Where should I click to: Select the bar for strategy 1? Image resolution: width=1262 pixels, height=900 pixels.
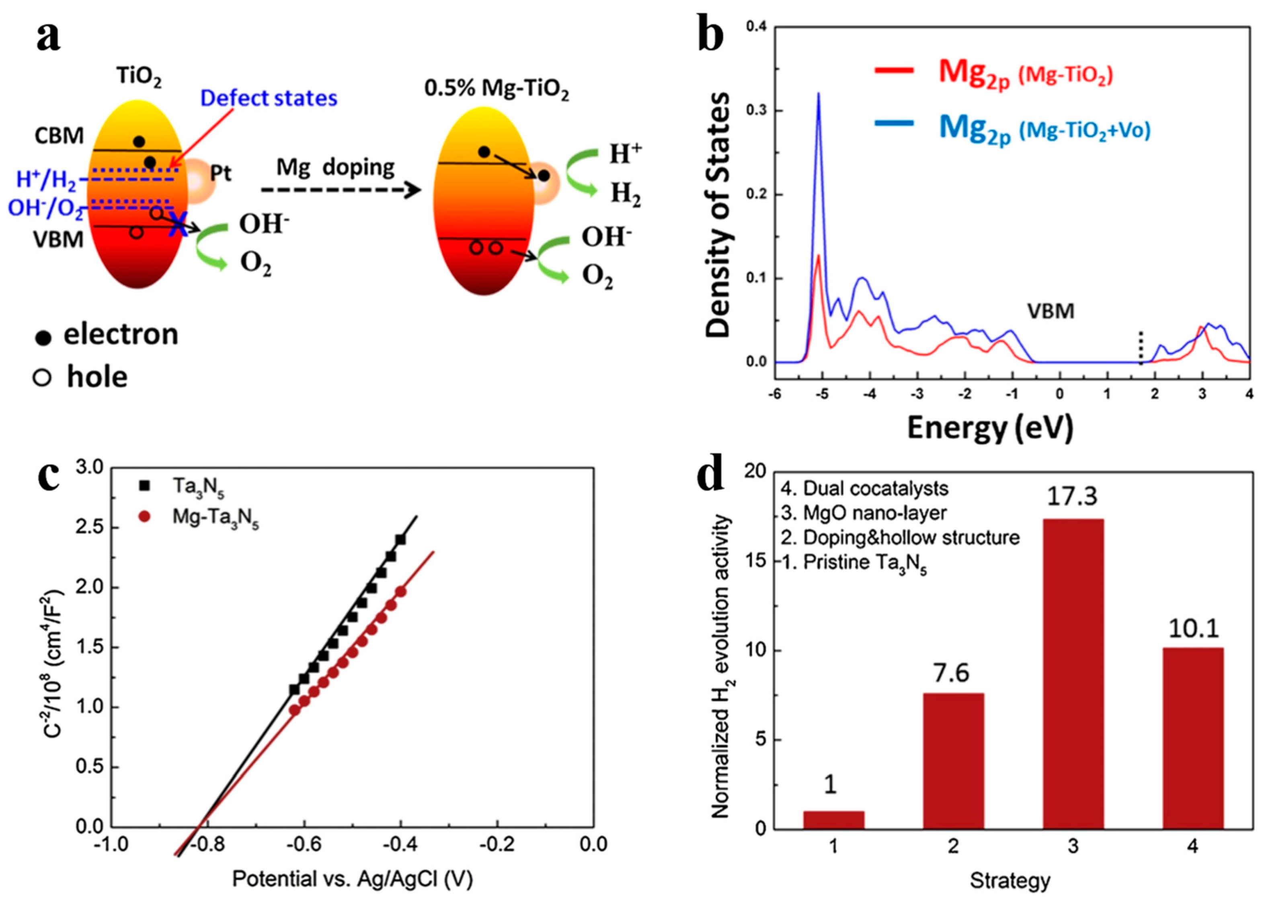833,820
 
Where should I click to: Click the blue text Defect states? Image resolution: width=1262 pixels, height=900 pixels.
269,98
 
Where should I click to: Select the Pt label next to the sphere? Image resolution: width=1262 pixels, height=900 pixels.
220,174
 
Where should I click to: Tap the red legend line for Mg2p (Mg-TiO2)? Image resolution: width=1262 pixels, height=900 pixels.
893,70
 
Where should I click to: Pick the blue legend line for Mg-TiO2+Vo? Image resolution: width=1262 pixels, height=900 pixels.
893,123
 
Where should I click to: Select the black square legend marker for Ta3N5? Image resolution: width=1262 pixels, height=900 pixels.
145,485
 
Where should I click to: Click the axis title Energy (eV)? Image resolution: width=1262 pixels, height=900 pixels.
990,428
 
